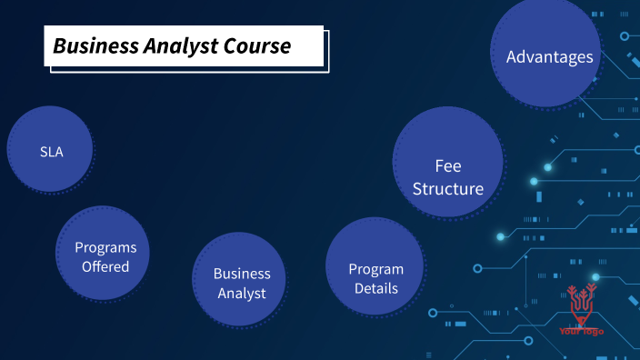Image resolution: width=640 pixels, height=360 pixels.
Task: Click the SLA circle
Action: [51, 152]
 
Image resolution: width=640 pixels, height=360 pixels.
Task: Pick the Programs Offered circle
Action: [102, 255]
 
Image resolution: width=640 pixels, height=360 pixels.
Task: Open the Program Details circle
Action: [375, 267]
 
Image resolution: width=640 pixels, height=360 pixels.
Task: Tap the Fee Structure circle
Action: [448, 164]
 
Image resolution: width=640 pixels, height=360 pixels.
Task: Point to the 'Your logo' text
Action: [582, 331]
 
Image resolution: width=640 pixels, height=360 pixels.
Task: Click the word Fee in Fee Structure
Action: [448, 166]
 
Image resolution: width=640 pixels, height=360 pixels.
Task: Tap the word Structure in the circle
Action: [448, 189]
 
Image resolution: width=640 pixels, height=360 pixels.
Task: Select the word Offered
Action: [105, 266]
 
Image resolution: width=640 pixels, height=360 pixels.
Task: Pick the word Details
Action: [376, 289]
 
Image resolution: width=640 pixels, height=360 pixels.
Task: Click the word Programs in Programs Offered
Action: [105, 246]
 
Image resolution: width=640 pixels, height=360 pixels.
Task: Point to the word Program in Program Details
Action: [376, 269]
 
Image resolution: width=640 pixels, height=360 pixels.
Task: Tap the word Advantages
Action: [549, 56]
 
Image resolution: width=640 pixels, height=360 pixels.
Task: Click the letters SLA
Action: [52, 152]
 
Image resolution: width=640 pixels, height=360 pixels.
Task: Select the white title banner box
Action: [185, 45]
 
